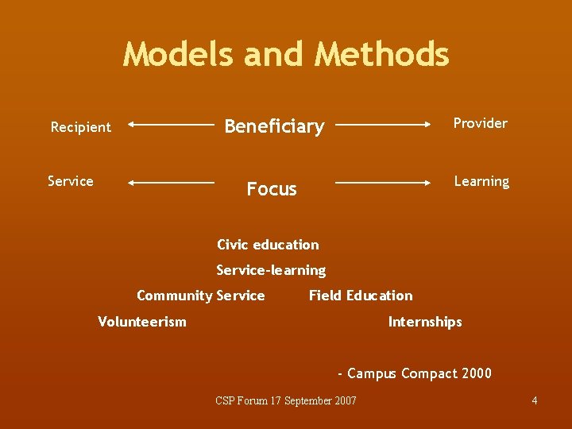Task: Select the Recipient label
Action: (80, 127)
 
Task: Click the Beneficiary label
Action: (274, 126)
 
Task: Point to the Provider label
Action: (480, 123)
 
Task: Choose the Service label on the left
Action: (70, 181)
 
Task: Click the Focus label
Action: (272, 189)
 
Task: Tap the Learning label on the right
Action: (481, 181)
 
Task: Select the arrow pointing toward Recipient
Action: (171, 125)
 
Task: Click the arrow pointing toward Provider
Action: (384, 125)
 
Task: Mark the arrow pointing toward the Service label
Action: (171, 183)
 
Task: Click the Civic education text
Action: (268, 245)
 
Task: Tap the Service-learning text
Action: (271, 270)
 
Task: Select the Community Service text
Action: (200, 296)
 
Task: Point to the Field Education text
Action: (361, 296)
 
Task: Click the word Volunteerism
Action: (141, 322)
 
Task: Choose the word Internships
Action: (424, 322)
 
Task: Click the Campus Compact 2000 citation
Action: (415, 373)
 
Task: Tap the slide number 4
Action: (535, 400)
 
